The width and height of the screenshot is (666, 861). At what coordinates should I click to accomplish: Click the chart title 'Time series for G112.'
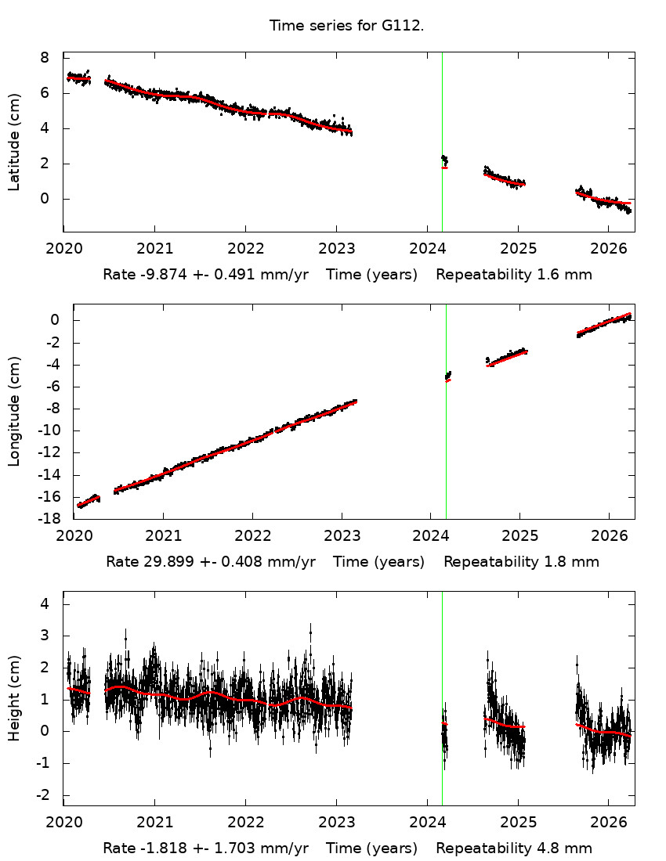[346, 26]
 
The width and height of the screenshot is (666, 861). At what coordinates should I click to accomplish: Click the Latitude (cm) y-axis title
[14, 142]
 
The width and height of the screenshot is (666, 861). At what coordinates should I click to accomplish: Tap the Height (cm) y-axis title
[14, 698]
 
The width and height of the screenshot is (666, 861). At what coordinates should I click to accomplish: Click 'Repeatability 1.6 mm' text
[513, 275]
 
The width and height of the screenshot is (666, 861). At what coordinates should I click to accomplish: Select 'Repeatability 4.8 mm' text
[513, 848]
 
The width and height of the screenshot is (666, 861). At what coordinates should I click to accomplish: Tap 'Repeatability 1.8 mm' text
[521, 562]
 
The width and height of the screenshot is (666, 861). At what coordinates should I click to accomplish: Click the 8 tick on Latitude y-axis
[45, 58]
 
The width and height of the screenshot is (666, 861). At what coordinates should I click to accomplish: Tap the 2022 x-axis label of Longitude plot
[252, 536]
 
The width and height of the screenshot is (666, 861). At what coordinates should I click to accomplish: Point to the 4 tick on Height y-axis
[45, 604]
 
